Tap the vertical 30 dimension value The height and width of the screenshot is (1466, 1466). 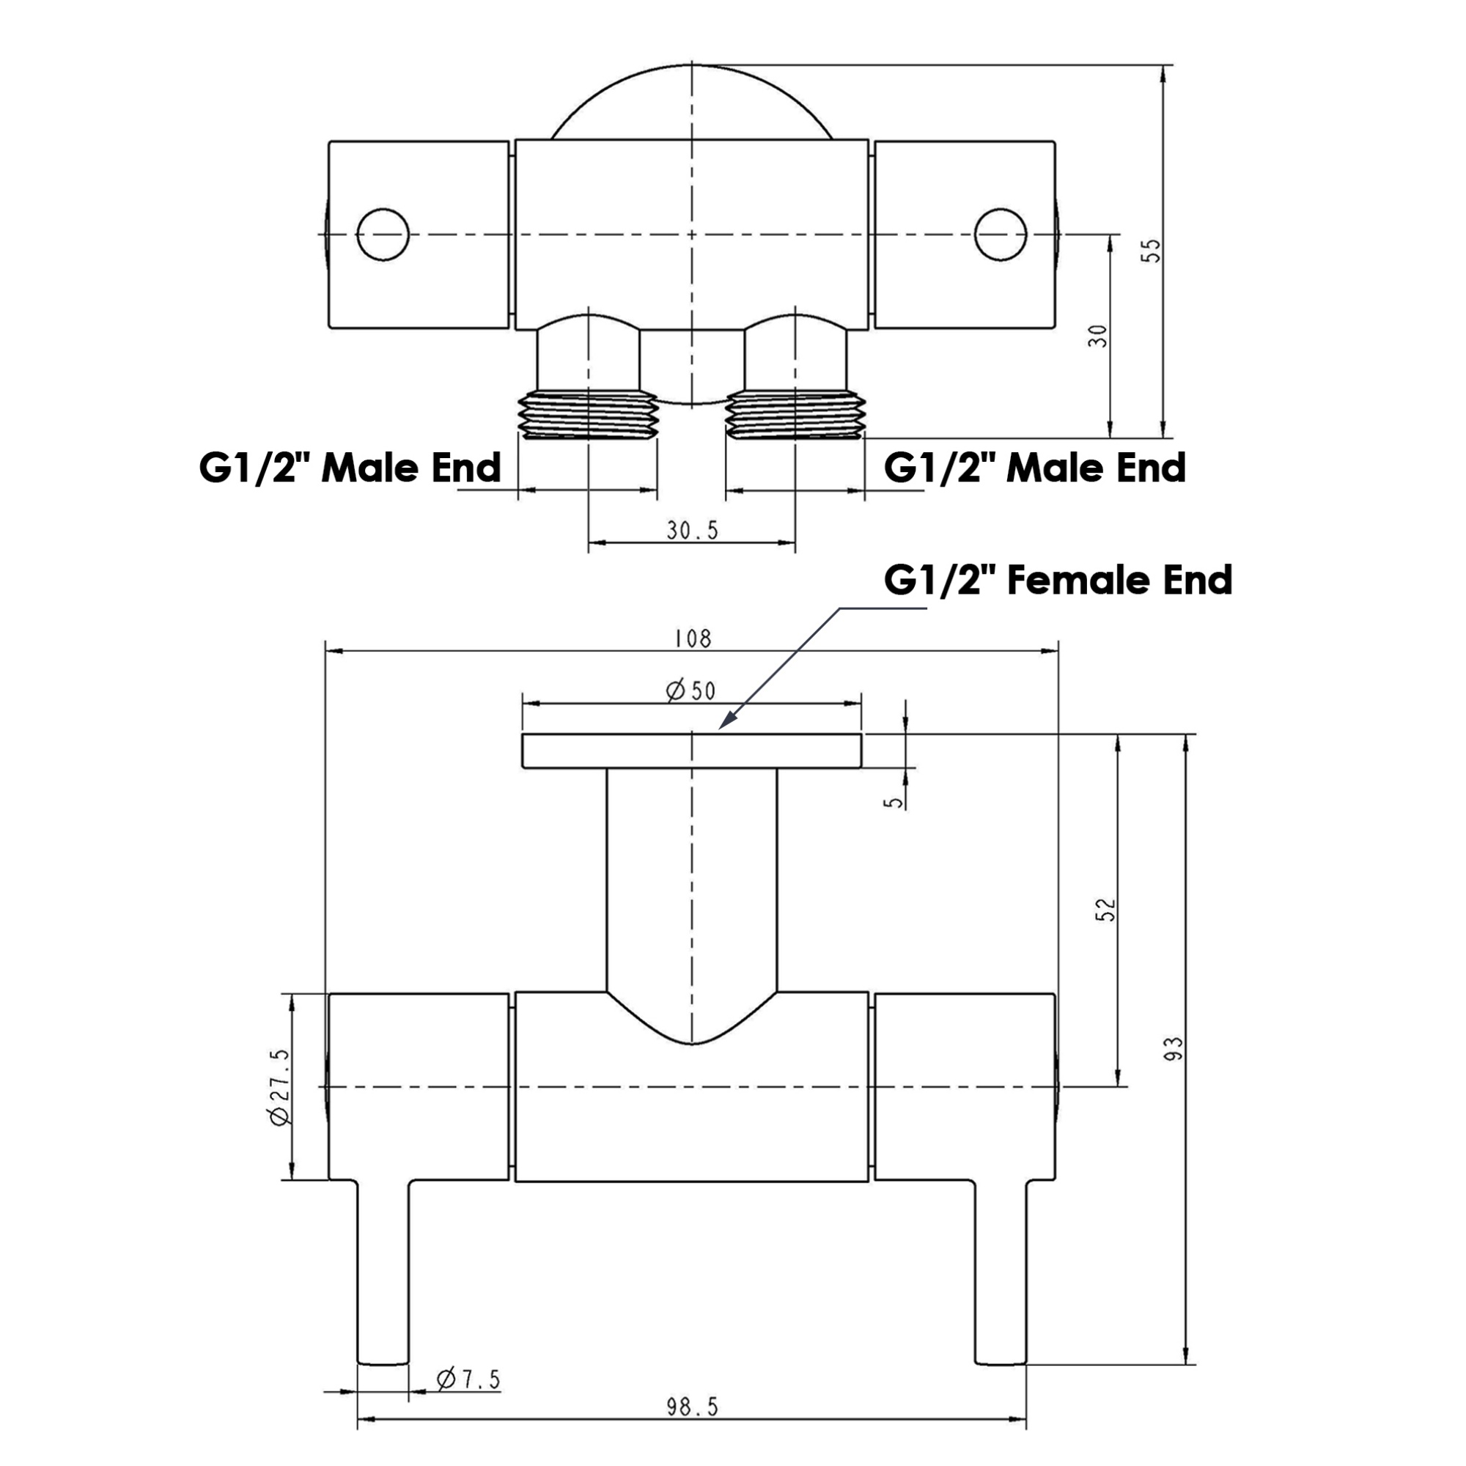click(1098, 336)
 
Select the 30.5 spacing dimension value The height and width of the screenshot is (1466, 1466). click(692, 531)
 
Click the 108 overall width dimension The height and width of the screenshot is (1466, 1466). click(693, 638)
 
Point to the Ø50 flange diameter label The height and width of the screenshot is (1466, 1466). click(690, 690)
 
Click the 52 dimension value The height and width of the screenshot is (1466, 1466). click(1108, 909)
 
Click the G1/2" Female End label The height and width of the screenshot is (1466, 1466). click(1058, 581)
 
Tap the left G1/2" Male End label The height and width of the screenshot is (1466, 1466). click(350, 467)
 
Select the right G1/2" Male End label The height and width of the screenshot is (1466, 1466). click(1035, 467)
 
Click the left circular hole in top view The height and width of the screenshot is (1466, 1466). click(383, 235)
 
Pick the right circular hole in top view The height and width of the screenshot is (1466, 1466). click(1001, 235)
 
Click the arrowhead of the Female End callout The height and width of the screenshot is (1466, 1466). click(726, 721)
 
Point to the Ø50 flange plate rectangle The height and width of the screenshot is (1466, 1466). click(691, 751)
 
